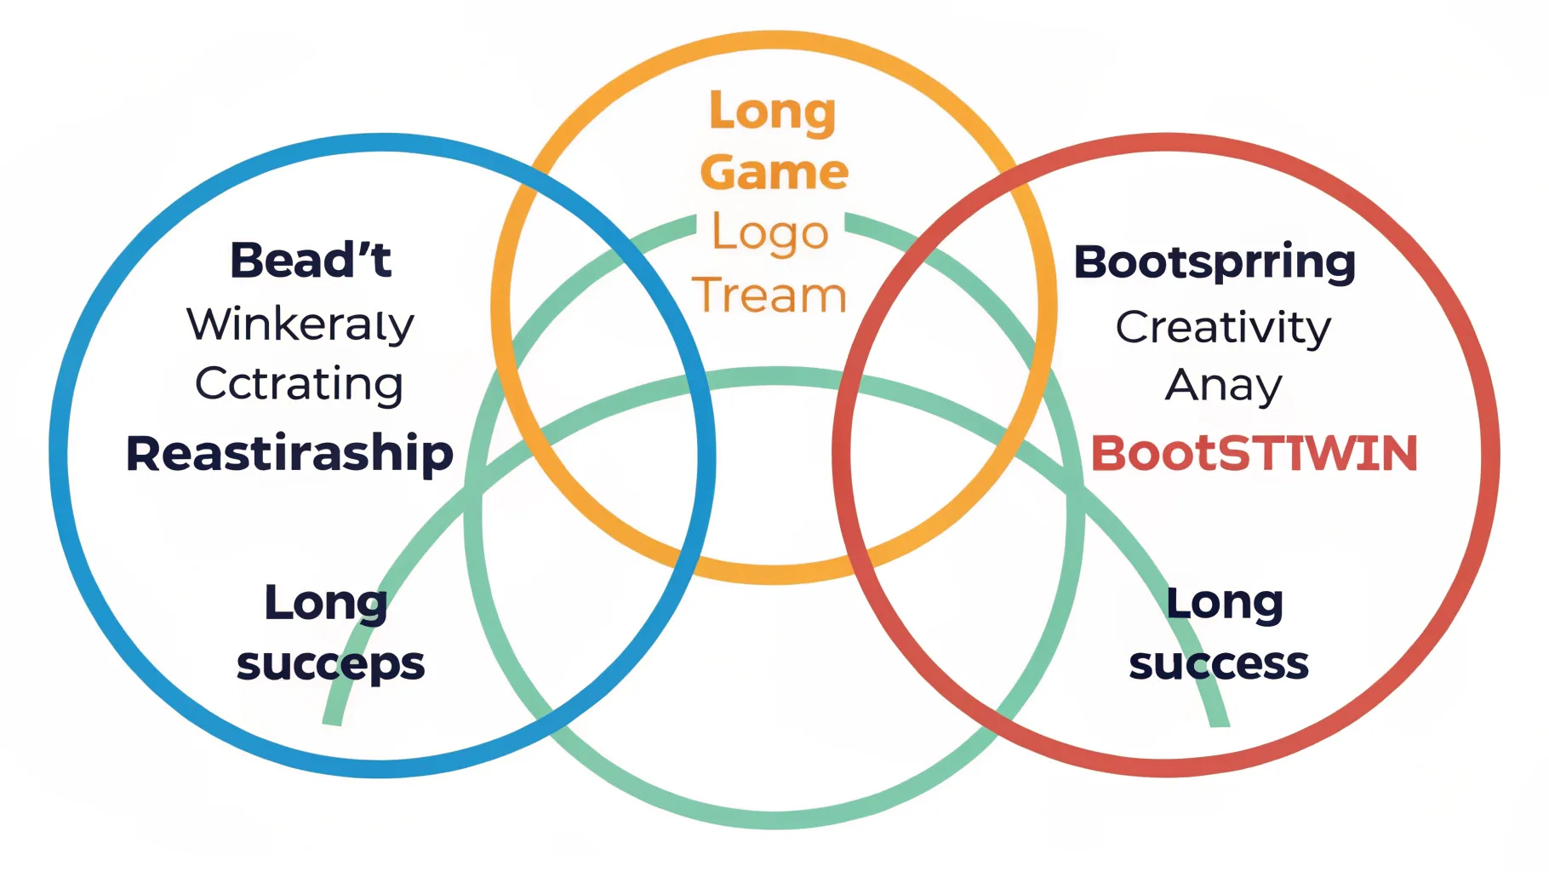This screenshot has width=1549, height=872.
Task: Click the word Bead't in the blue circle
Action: point(311,260)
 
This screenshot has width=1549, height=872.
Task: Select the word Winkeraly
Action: point(300,324)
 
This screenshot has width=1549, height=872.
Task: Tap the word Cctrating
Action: point(299,384)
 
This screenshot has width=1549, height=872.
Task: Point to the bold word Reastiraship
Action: point(289,453)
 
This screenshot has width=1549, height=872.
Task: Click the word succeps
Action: point(330,663)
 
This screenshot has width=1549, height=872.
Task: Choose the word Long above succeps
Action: point(326,603)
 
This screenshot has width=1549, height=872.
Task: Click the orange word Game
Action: point(774,172)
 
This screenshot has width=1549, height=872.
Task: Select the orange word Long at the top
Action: point(773,112)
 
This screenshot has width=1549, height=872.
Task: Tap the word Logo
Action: point(770,233)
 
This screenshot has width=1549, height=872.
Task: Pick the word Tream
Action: point(769,295)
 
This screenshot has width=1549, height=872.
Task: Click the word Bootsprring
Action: point(1215,261)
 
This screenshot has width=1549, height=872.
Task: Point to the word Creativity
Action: point(1223,327)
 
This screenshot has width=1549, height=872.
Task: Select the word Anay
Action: point(1223,385)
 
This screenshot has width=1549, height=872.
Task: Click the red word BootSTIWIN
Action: point(1254,453)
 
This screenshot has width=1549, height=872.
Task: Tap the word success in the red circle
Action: point(1219,663)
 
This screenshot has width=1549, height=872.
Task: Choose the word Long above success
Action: point(1225,603)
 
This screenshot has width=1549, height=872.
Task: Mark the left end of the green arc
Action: point(332,722)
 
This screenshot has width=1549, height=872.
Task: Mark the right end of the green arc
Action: point(1220,724)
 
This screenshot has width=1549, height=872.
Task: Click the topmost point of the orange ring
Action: point(774,40)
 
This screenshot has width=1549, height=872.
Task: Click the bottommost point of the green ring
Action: point(774,819)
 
